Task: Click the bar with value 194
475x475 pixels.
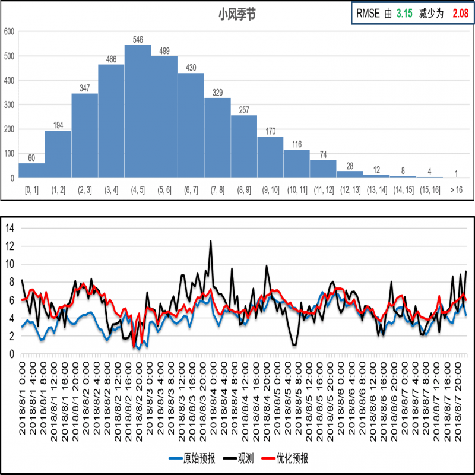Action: tap(58, 154)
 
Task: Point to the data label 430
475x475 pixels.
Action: tap(191, 68)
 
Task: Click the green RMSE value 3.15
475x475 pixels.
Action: tap(404, 14)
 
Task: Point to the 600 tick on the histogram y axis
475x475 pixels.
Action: tap(8, 31)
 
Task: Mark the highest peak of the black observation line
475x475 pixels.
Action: tap(210, 241)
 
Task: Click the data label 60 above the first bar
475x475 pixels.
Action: tap(31, 158)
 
